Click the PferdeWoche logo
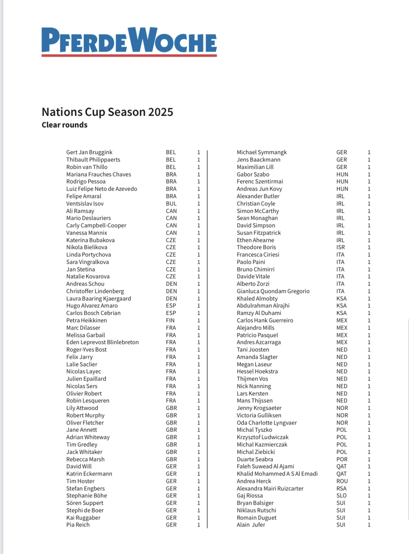129,42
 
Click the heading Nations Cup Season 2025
107,112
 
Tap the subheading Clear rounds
64,125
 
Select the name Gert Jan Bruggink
89,152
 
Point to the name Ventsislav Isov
85,204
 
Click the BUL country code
171,204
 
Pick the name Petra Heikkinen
86,320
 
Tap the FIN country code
170,320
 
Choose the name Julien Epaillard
86,379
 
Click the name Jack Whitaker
84,452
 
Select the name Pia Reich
78,525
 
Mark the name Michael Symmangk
262,152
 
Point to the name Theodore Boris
256,247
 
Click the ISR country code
340,247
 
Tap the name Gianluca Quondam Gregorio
273,291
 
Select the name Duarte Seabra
254,459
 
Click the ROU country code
342,481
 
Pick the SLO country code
341,496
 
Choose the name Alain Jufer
251,525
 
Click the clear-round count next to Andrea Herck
369,481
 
